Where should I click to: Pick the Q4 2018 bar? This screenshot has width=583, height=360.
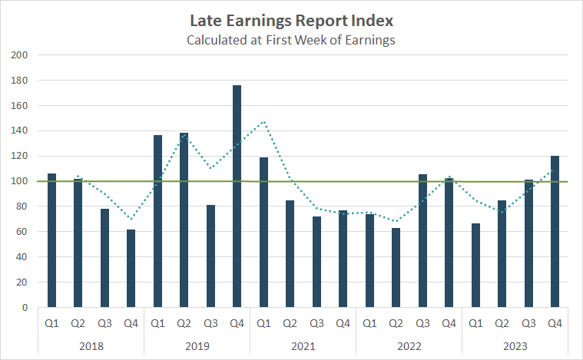(x=131, y=268)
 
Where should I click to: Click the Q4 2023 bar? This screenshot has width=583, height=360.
(x=555, y=231)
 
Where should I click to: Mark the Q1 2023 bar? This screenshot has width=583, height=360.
(x=475, y=265)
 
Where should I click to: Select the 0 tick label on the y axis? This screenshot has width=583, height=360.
(x=25, y=308)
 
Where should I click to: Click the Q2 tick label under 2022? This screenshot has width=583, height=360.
(x=396, y=323)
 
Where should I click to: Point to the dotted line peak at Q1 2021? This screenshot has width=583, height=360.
(x=263, y=121)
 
